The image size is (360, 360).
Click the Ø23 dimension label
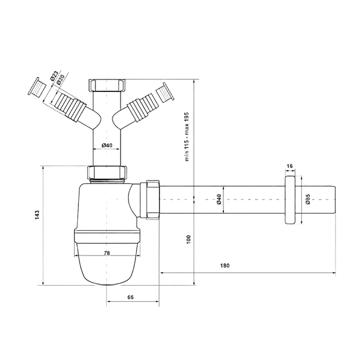click(54, 75)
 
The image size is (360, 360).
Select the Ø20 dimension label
click(61, 79)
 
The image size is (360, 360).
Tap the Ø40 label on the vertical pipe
click(107, 145)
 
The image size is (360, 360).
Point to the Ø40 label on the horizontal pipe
click(218, 199)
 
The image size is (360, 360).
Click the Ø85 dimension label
click(308, 199)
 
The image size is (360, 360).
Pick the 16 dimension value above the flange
click(290, 166)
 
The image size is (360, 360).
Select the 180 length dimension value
click(225, 266)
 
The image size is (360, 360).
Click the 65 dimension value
click(130, 297)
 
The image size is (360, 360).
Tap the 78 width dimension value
click(107, 253)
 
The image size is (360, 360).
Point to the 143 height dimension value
click(37, 214)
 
